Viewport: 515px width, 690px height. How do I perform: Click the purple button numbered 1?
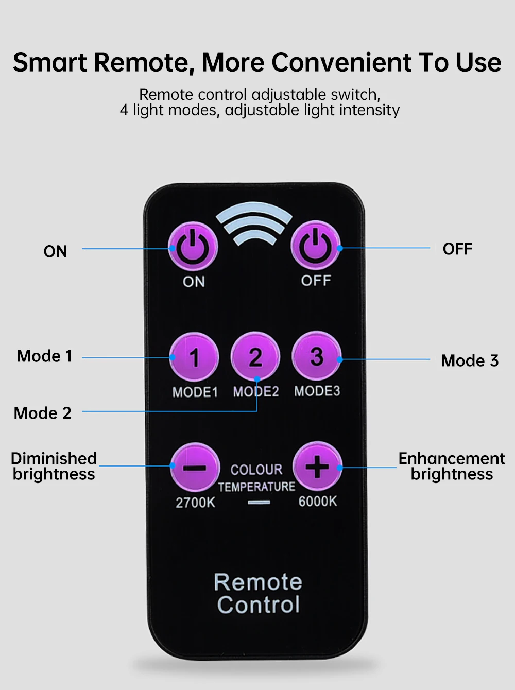[x=194, y=357]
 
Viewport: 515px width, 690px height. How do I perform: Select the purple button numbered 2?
[x=255, y=357]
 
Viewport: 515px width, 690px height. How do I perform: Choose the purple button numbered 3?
[x=317, y=356]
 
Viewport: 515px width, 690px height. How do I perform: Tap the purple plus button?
[x=317, y=467]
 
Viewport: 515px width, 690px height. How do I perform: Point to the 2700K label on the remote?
[x=195, y=503]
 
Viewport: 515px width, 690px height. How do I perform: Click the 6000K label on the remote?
[x=318, y=501]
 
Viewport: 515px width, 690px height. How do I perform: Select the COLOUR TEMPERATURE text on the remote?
[x=256, y=478]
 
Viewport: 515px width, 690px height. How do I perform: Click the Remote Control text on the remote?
[x=258, y=593]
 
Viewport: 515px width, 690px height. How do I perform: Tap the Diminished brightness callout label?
[x=54, y=466]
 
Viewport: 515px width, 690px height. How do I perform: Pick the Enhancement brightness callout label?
[x=452, y=466]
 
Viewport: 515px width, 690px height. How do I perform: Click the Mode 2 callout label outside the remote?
[x=43, y=413]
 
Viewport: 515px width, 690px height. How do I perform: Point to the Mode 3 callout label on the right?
[x=470, y=360]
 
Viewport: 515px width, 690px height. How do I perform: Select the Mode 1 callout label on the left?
[x=45, y=356]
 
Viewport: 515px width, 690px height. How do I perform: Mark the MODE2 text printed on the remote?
[x=255, y=392]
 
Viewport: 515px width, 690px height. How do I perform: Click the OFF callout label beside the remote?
[x=457, y=249]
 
